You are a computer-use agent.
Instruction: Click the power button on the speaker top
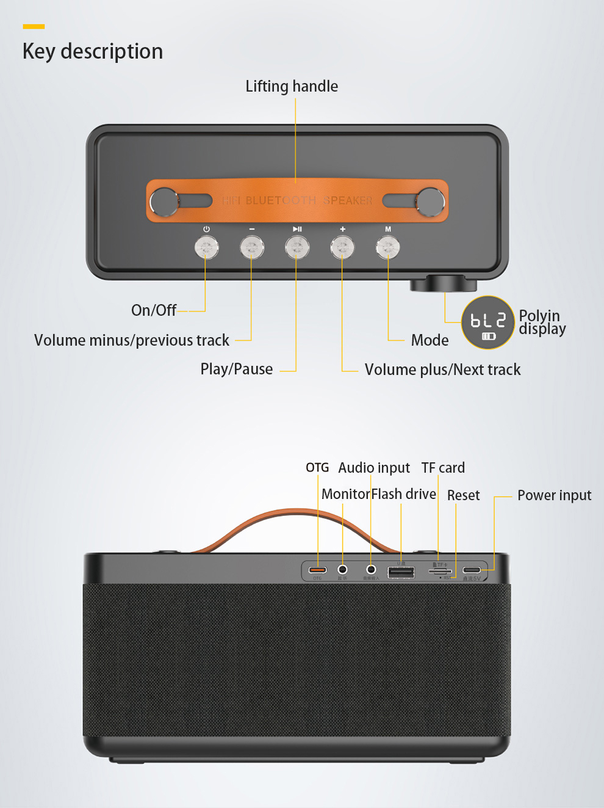(206, 248)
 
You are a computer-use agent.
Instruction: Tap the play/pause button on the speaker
(297, 248)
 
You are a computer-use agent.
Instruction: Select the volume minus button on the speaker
(252, 248)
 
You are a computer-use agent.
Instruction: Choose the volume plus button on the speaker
(342, 248)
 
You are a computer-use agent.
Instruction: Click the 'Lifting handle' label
(292, 87)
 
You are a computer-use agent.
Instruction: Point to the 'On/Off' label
(154, 310)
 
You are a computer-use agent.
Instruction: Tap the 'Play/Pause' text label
(237, 369)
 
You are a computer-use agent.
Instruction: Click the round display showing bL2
(488, 322)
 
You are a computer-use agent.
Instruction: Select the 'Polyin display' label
(542, 322)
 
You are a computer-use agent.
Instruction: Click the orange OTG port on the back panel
(318, 570)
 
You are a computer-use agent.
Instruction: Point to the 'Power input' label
(554, 495)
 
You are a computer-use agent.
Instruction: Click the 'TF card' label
(443, 468)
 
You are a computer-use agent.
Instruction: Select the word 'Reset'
(463, 495)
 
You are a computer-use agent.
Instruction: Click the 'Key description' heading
(93, 51)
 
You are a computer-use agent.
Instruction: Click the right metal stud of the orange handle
(430, 202)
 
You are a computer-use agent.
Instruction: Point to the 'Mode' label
(430, 340)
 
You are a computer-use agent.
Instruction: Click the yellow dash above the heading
(34, 26)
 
